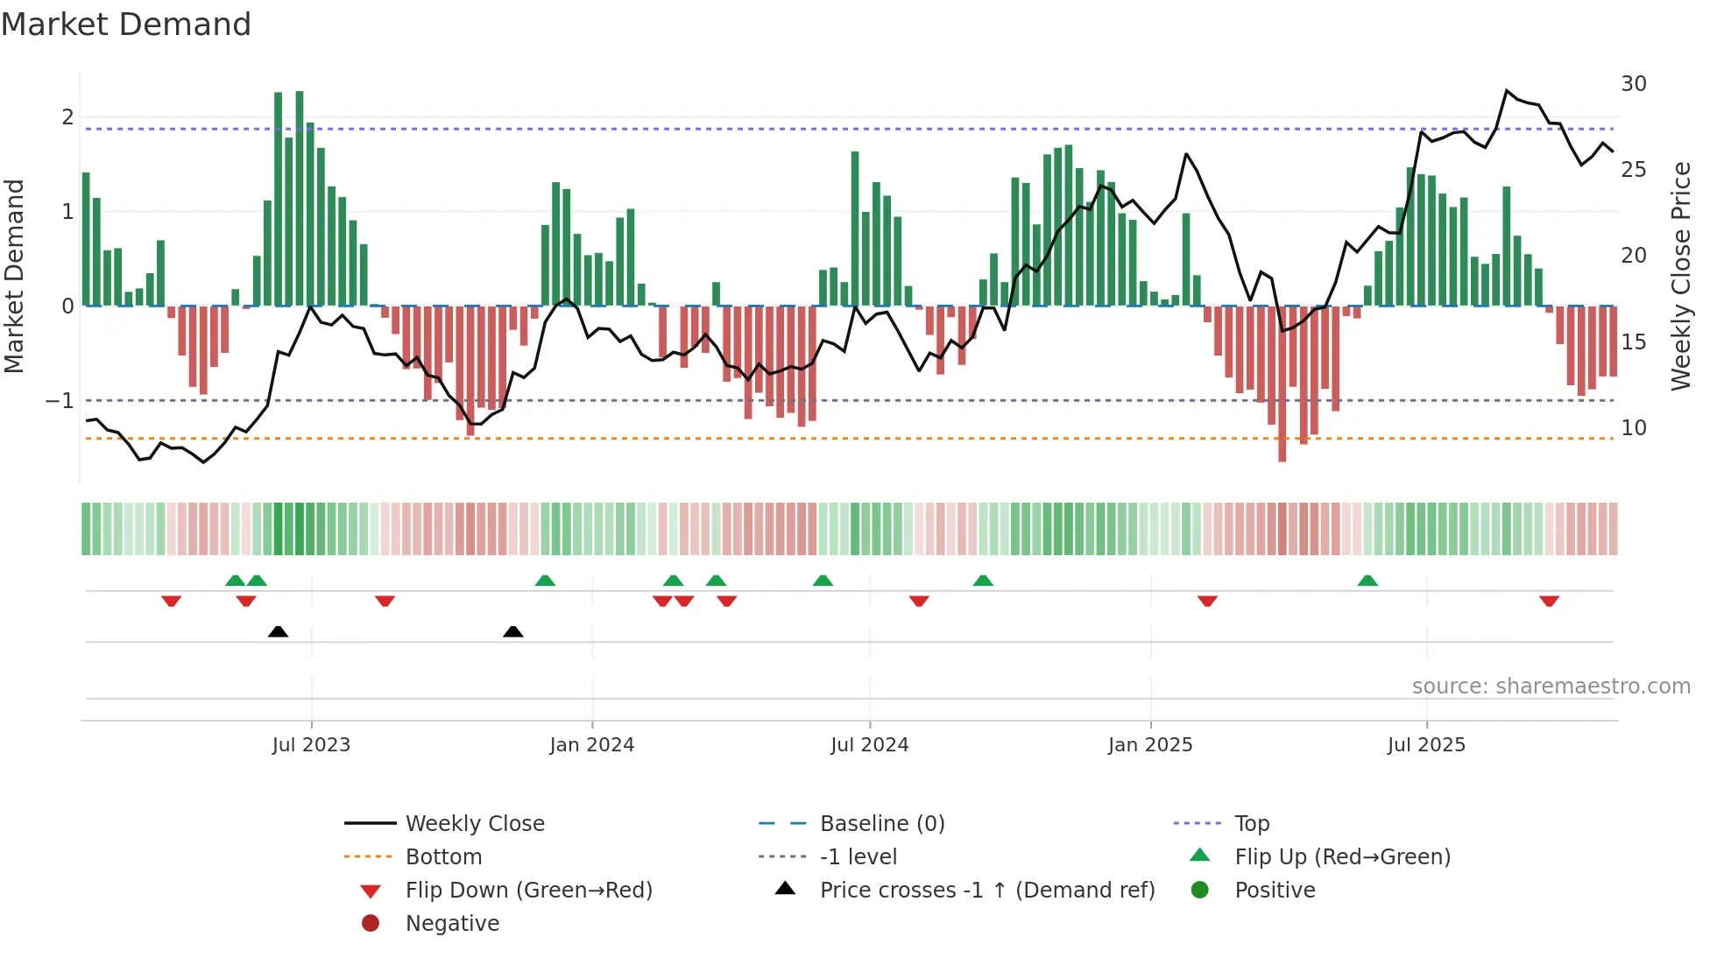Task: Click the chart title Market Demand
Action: (126, 25)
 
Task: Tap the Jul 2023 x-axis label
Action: (311, 745)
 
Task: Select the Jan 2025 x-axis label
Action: (1149, 745)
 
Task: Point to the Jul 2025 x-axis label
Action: (1426, 745)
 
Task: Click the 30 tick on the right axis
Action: (1633, 84)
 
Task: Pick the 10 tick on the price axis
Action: (1633, 428)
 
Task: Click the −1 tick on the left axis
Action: (60, 401)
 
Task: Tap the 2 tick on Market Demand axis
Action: (67, 117)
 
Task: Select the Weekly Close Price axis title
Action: (1680, 276)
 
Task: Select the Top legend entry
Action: (1252, 824)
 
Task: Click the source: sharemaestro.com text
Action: (1551, 687)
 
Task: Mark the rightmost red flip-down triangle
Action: (1549, 601)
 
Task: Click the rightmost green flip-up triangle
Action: (1367, 581)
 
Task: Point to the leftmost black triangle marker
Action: (278, 631)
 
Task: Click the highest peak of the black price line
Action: (1507, 90)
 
